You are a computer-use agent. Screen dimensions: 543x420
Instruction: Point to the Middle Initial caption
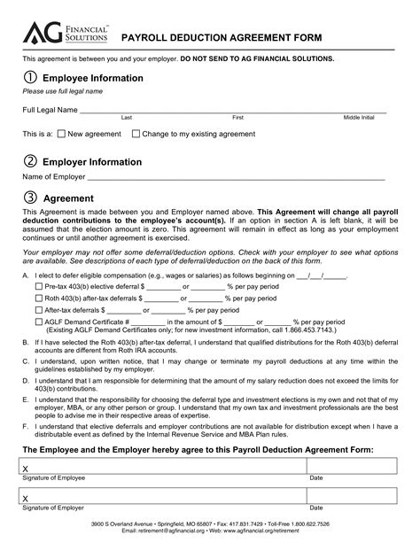click(358, 117)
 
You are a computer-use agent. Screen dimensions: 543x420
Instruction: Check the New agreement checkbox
click(61, 134)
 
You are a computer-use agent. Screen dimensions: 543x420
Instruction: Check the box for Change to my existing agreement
click(136, 134)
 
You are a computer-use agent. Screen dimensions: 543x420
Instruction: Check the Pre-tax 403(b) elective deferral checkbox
click(38, 287)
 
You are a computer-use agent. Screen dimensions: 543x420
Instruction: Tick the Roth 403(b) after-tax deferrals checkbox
click(38, 299)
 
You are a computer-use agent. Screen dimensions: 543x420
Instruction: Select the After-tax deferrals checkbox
click(38, 311)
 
